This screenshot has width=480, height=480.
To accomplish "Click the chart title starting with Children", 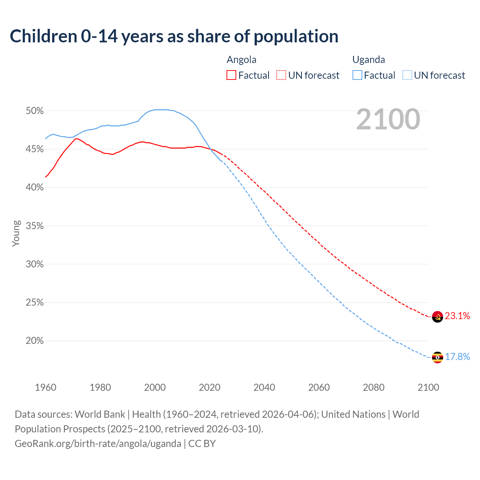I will click(x=174, y=36).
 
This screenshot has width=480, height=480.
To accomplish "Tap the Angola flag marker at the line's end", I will click(x=437, y=317).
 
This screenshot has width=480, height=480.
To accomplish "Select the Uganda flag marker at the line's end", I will click(x=437, y=357).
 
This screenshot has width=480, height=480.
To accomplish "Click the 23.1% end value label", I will click(x=457, y=316).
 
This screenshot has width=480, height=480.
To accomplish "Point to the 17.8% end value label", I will click(x=457, y=357).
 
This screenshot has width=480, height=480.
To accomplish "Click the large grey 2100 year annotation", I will click(x=388, y=119).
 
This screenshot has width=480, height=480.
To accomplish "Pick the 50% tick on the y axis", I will click(x=35, y=111).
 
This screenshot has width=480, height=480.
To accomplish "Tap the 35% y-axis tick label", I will click(x=35, y=226).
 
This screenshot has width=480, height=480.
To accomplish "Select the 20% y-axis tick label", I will click(x=35, y=341).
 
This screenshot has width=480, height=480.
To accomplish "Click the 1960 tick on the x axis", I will click(x=46, y=387).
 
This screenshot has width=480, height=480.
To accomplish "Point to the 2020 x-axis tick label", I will click(x=210, y=387).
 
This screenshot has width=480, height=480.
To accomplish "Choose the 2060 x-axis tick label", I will click(x=319, y=387).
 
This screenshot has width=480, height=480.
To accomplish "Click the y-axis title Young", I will click(x=16, y=233).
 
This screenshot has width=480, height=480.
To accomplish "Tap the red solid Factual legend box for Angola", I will click(x=231, y=75).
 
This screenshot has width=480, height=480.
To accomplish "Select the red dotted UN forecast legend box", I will click(x=281, y=75).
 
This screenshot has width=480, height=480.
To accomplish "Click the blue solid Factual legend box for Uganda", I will click(x=357, y=75).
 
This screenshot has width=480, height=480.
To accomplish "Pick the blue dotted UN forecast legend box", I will click(x=407, y=75).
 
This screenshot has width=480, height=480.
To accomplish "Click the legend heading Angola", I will click(x=241, y=60).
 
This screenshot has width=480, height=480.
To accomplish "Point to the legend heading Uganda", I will click(x=369, y=60).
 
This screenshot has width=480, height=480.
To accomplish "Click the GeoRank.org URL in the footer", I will click(x=98, y=444).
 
